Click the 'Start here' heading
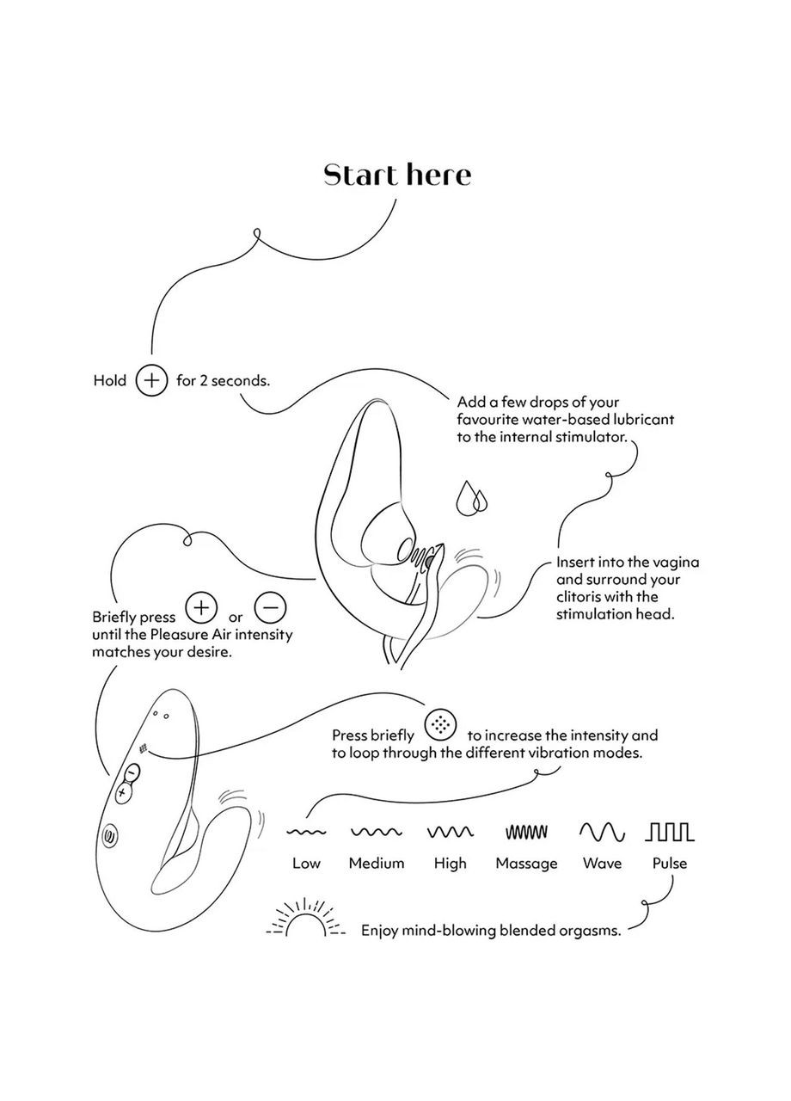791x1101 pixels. tap(397, 175)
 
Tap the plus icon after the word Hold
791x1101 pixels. tap(151, 380)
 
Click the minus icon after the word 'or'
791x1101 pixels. tap(270, 607)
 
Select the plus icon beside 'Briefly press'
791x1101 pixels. tap(201, 607)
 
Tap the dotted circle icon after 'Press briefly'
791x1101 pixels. tap(440, 724)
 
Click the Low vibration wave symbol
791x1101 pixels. tap(305, 832)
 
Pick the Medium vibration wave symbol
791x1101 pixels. tap(377, 832)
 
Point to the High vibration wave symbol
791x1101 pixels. tap(450, 832)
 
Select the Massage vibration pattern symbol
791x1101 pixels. tap(526, 832)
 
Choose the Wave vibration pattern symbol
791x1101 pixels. tap(602, 832)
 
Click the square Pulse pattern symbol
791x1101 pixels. tap(670, 832)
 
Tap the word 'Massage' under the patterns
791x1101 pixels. tap(526, 864)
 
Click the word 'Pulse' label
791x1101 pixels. tap(670, 864)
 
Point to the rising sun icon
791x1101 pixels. tap(305, 920)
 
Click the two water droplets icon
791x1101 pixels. tap(471, 498)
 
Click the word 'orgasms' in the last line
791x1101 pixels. tap(589, 931)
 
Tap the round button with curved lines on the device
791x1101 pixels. tap(112, 834)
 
